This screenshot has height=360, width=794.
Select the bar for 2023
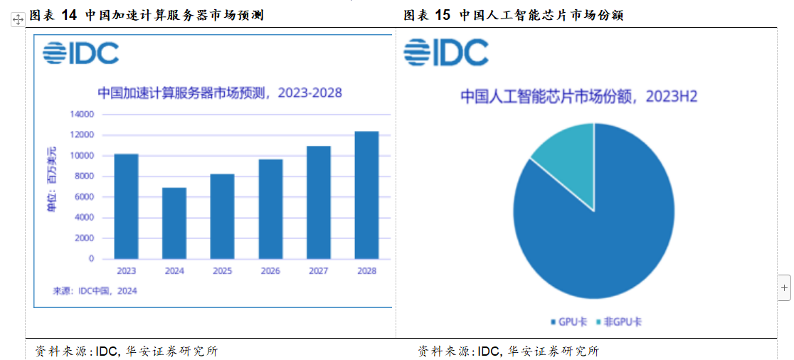point(126,206)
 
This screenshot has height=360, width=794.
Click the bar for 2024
point(174,223)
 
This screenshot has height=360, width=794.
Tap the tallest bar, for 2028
point(366,195)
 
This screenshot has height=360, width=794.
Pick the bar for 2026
point(270,209)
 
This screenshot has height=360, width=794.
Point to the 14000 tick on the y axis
point(82,115)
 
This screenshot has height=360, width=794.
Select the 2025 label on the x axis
point(222,271)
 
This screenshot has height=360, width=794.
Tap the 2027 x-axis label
point(318,271)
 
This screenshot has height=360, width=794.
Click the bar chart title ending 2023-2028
point(219,93)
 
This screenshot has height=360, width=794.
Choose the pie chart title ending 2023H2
point(578,97)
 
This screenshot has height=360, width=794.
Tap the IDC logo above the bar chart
point(80,53)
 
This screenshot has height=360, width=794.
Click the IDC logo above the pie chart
point(446,52)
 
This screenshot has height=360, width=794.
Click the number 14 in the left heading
point(69,15)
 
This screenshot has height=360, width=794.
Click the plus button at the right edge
point(785,288)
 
